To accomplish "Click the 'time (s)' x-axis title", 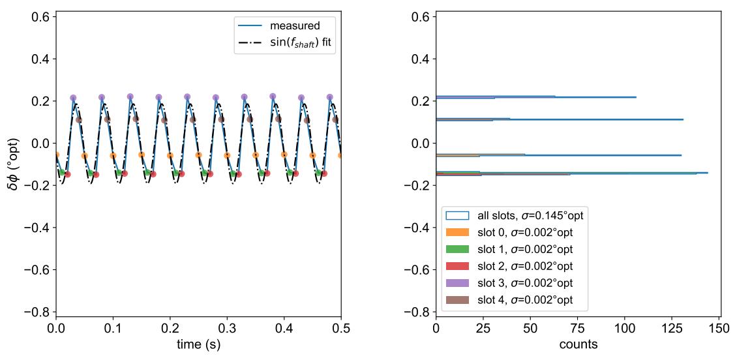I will tap(198, 345).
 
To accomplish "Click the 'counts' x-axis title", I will tap(578, 345).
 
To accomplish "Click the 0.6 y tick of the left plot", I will tap(39, 17).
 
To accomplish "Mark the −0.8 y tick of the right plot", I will tap(416, 312).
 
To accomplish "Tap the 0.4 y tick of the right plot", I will tap(419, 59).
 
